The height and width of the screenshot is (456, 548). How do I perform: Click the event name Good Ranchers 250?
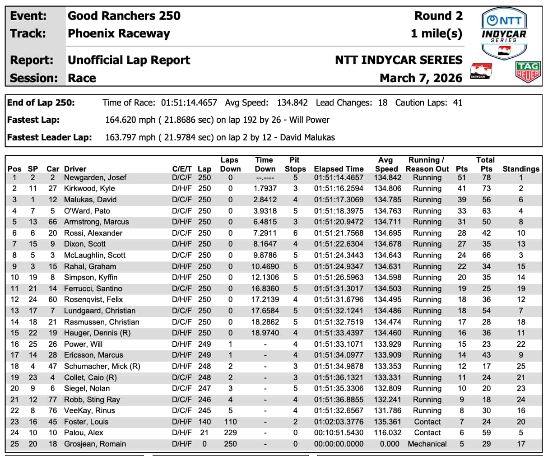click(124, 16)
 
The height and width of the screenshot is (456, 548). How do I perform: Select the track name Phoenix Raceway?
click(119, 33)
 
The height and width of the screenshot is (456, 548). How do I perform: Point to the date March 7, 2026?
click(421, 78)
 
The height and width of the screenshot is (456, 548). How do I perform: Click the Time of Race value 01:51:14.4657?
click(189, 102)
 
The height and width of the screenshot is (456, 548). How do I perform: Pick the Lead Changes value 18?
click(382, 102)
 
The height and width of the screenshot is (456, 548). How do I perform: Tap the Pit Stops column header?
click(295, 164)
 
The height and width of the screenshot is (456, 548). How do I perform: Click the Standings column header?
click(520, 169)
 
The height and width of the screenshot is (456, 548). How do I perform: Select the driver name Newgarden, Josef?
click(95, 177)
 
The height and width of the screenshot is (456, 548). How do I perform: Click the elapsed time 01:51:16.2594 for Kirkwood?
click(339, 188)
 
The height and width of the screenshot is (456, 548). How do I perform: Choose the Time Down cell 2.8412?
click(265, 200)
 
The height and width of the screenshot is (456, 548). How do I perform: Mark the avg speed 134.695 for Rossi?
click(387, 233)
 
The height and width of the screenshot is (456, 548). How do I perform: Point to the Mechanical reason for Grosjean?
click(427, 444)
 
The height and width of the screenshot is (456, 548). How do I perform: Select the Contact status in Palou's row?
click(427, 433)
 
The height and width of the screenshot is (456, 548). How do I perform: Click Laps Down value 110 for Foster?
click(230, 422)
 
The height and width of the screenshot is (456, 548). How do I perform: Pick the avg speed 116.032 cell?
click(387, 433)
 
